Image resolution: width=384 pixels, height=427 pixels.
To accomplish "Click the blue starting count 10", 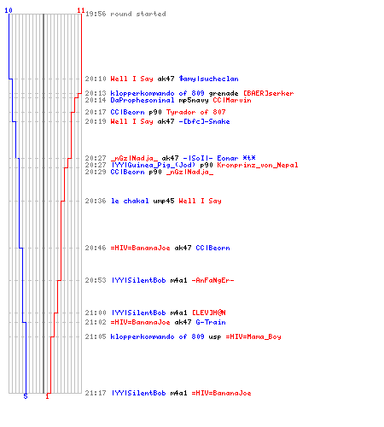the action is click(x=9, y=10).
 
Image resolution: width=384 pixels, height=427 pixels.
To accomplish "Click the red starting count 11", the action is click(x=81, y=10).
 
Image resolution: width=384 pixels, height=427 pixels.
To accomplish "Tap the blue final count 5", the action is click(x=26, y=396).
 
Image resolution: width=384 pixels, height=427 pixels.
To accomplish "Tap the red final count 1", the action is click(x=48, y=396).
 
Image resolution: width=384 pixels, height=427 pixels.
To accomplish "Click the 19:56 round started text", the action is click(x=125, y=14).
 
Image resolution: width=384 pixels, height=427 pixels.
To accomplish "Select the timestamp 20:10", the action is click(x=96, y=79).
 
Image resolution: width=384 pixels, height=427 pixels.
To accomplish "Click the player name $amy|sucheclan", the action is click(x=209, y=79).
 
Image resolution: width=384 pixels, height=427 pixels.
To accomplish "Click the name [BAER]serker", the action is click(x=268, y=93).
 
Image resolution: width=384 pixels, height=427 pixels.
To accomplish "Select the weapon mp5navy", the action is click(x=194, y=100).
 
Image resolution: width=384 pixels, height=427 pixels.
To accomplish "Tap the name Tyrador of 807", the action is click(x=196, y=112).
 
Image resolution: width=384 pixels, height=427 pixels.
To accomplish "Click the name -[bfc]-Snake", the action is click(x=204, y=121).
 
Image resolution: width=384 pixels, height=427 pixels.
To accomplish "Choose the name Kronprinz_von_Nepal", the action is click(x=258, y=165).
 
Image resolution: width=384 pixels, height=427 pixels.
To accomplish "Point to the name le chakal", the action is click(x=130, y=201).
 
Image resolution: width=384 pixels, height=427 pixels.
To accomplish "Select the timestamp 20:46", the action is click(x=96, y=248).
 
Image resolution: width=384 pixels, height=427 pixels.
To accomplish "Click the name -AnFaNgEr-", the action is click(x=212, y=280).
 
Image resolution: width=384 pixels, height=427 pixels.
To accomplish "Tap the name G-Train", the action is click(x=211, y=322).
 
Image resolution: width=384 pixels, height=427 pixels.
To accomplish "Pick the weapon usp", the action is click(x=215, y=336).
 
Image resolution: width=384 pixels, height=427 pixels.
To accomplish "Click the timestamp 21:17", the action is click(x=96, y=393).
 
